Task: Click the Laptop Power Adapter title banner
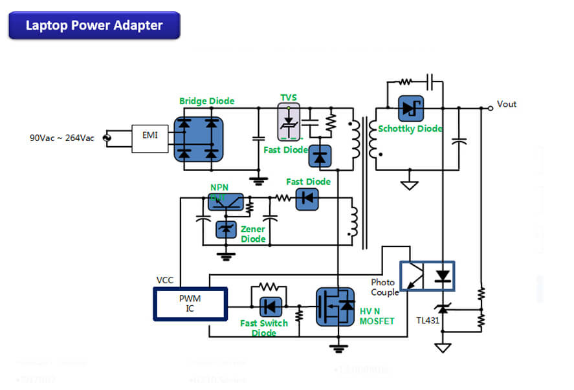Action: tap(94, 25)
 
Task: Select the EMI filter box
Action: tap(149, 137)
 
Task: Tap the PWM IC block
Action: tap(190, 304)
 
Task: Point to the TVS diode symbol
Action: tap(289, 123)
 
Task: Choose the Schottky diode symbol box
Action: tap(408, 109)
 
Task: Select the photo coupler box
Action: tap(427, 276)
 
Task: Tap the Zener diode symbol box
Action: tap(226, 229)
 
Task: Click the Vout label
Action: tap(507, 104)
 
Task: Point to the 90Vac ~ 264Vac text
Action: tap(61, 138)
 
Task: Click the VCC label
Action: tap(165, 281)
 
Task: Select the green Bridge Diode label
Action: tap(206, 101)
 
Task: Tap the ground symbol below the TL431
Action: tap(443, 347)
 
